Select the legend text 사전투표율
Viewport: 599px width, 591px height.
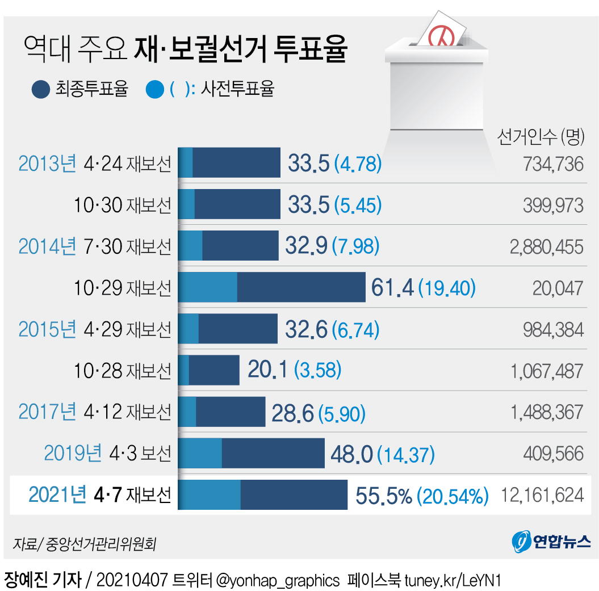[x=238, y=89]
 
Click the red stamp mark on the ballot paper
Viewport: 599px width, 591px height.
[x=441, y=35]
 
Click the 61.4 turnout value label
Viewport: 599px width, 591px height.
[x=392, y=288]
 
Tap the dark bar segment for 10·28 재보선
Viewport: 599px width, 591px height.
[x=213, y=370]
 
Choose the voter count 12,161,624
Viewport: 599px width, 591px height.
[x=542, y=495]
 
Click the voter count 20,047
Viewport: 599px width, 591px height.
[x=558, y=288]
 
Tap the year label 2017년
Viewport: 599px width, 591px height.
[x=47, y=412]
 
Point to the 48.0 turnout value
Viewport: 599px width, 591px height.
[x=351, y=454]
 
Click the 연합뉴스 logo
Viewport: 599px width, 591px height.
[x=551, y=541]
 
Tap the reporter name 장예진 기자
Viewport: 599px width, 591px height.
[x=43, y=580]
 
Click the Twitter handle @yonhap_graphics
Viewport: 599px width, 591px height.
[x=278, y=580]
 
